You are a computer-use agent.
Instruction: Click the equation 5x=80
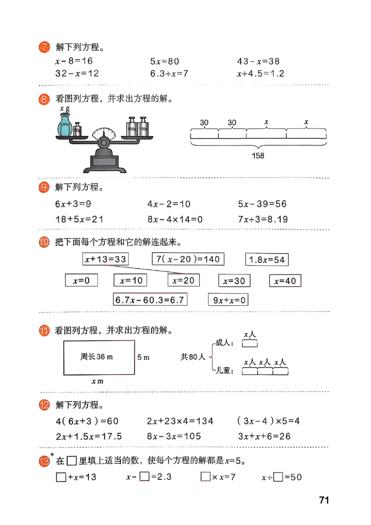tap(164, 61)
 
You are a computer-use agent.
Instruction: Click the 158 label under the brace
tap(258, 156)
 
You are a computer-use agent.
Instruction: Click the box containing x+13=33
tap(106, 259)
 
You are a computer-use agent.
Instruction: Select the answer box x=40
tap(285, 281)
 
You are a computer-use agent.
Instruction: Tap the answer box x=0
tap(82, 281)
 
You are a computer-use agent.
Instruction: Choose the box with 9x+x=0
tap(228, 300)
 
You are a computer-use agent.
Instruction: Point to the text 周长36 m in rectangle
tap(96, 357)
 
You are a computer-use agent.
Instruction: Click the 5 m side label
tap(143, 357)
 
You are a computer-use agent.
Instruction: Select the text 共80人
tap(192, 357)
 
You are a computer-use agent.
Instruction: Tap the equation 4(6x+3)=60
tap(87, 421)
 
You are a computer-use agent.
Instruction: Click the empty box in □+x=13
tap(61, 477)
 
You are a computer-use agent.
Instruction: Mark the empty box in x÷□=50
tap(278, 477)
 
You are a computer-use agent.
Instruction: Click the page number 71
tap(324, 500)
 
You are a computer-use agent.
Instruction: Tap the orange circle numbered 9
tap(44, 187)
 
